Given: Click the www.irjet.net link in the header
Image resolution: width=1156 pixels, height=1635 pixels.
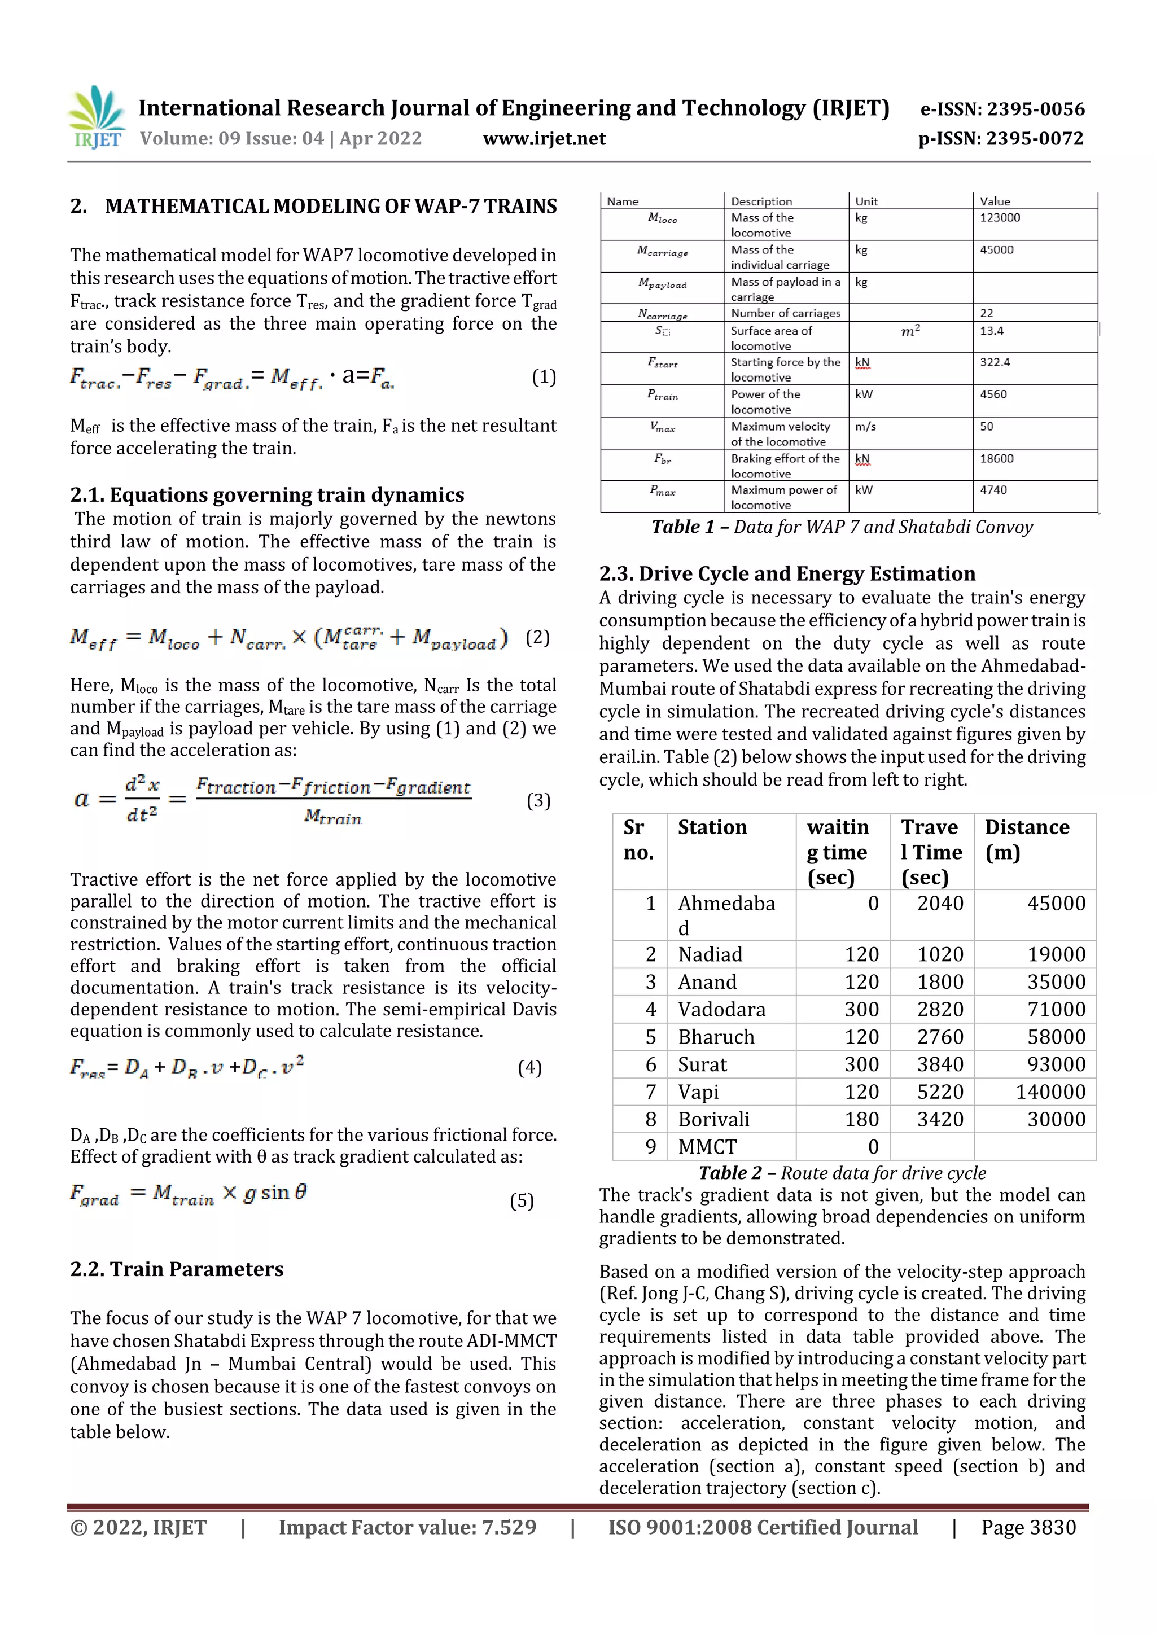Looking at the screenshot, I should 544,139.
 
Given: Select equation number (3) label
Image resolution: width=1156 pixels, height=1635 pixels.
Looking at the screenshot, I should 538,801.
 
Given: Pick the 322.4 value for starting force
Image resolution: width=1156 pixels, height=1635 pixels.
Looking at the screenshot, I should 995,362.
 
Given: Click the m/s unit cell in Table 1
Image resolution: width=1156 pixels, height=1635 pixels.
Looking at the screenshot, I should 865,427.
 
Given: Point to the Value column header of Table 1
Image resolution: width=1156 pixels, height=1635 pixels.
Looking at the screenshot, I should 995,201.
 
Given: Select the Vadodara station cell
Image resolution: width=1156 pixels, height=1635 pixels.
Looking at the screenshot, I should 721,1009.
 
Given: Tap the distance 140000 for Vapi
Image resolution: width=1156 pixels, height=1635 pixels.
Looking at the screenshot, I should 1050,1092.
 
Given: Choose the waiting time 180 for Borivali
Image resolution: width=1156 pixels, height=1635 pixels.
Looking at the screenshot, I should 861,1119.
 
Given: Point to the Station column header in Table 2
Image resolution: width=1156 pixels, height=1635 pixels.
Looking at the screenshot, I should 712,827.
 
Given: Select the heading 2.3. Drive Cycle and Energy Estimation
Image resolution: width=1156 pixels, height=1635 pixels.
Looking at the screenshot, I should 786,574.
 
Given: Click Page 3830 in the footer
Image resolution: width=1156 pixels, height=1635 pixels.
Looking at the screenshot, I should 1028,1527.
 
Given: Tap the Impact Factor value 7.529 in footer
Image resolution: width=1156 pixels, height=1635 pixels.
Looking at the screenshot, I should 509,1527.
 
